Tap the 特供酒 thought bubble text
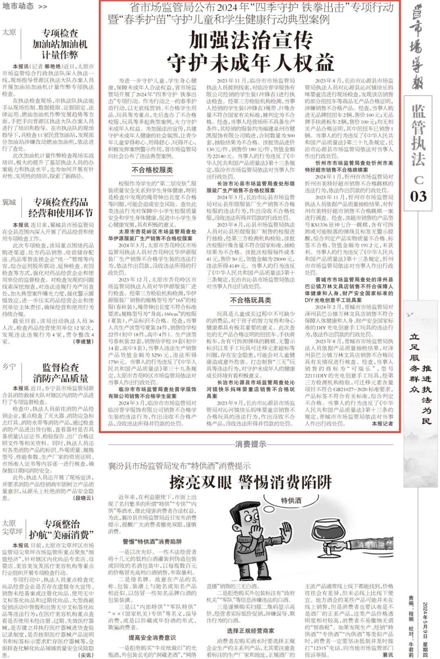click(x=291, y=500)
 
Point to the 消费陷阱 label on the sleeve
click(x=370, y=544)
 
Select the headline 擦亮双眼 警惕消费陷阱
click(x=250, y=483)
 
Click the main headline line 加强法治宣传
click(x=250, y=40)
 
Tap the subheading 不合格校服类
click(x=152, y=170)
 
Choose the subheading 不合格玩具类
click(x=250, y=300)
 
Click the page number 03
click(x=418, y=196)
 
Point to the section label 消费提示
click(x=250, y=444)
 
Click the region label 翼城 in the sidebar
click(x=9, y=202)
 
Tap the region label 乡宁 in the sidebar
click(x=9, y=367)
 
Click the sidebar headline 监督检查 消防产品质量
click(x=60, y=372)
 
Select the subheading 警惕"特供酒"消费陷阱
click(x=152, y=542)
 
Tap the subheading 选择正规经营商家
click(x=250, y=630)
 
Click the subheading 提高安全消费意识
click(x=152, y=637)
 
